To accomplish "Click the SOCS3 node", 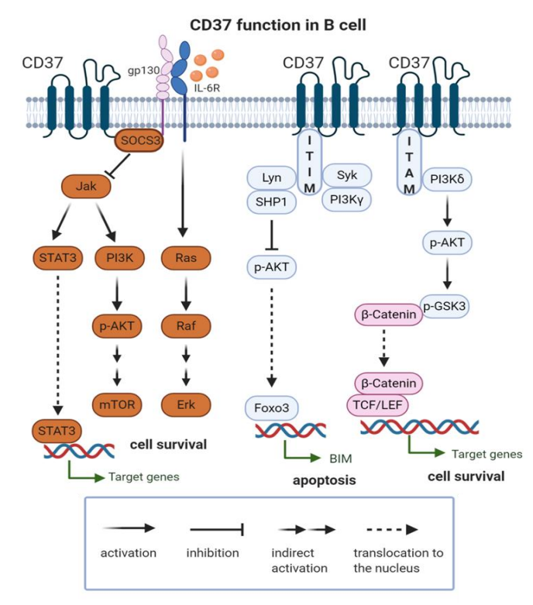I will click(x=136, y=142).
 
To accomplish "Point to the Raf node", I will click(x=184, y=328).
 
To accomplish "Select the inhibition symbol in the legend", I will click(x=218, y=529).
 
